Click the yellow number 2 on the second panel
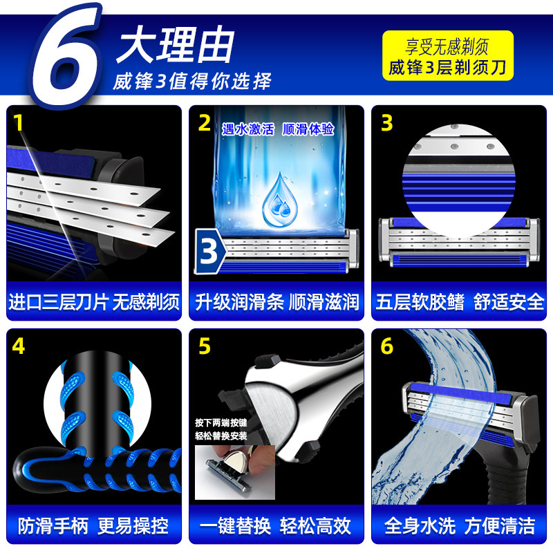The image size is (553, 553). pyautogui.click(x=205, y=123)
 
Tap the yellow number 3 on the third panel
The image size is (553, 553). pyautogui.click(x=387, y=123)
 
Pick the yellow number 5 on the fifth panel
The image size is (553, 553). pyautogui.click(x=205, y=346)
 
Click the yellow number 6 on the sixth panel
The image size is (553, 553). pyautogui.click(x=387, y=346)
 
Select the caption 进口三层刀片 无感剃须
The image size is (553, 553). pyautogui.click(x=94, y=302)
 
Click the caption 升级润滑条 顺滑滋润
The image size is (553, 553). pyautogui.click(x=276, y=302)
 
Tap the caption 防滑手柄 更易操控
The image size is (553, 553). pyautogui.click(x=94, y=525)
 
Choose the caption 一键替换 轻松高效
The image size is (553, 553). pyautogui.click(x=276, y=525)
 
